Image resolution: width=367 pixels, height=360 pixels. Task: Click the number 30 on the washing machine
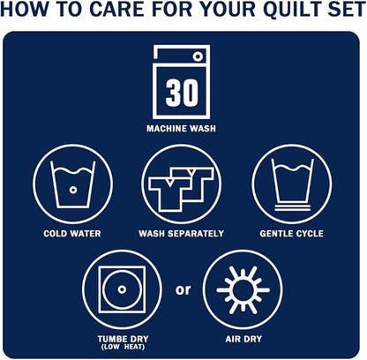[x=182, y=93]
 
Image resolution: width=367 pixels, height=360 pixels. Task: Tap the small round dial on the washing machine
[x=198, y=56]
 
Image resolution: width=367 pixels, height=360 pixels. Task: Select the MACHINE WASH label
[x=181, y=129]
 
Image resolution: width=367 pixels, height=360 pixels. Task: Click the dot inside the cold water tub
[x=73, y=190]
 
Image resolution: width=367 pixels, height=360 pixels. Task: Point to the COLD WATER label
[x=72, y=234]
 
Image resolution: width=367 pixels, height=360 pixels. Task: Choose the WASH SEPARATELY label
[x=182, y=234]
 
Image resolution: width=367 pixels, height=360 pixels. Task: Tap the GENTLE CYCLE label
[x=292, y=234]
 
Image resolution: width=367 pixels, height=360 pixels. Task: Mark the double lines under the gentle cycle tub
[x=293, y=207]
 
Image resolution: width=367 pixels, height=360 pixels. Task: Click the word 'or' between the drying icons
[x=183, y=290]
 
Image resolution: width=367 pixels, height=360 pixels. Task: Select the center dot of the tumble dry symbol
[x=122, y=289]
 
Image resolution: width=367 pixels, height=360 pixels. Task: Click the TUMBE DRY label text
[x=124, y=339]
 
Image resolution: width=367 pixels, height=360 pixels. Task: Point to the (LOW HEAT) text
[x=124, y=347]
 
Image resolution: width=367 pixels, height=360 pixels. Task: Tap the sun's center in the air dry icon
[x=243, y=290]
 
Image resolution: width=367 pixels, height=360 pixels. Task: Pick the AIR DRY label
[x=243, y=339]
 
